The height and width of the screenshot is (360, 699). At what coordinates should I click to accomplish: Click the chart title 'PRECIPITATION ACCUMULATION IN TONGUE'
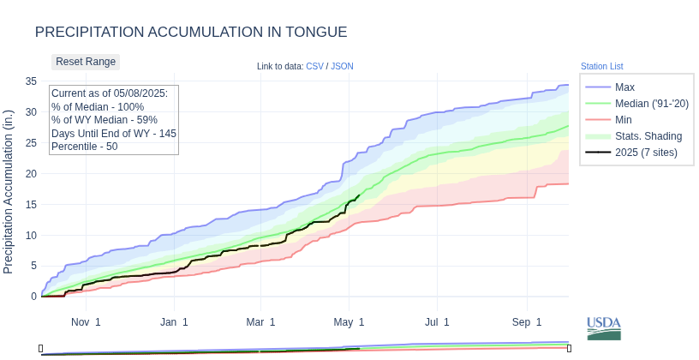(x=191, y=32)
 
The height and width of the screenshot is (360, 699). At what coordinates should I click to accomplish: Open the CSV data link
(x=314, y=66)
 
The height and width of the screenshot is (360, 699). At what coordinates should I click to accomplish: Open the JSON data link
(x=342, y=66)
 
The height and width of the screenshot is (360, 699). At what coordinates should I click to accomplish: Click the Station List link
(x=601, y=66)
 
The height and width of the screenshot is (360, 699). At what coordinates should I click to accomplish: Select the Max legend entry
(x=624, y=87)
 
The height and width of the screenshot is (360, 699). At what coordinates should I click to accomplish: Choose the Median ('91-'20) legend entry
(x=651, y=103)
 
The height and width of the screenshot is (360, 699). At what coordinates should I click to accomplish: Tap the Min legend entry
(x=623, y=119)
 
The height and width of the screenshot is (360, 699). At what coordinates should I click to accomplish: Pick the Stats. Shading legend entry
(x=648, y=135)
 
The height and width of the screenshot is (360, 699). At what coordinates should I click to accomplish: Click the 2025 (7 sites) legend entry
(x=646, y=153)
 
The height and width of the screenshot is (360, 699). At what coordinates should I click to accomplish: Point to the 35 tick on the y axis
(x=31, y=81)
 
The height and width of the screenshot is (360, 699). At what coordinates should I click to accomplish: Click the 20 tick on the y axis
(x=31, y=173)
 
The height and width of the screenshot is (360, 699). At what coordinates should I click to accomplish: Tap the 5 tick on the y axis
(x=33, y=266)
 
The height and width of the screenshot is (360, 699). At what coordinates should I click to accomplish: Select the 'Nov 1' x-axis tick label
(x=86, y=322)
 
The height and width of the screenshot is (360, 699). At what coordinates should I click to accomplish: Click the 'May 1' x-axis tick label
(x=349, y=322)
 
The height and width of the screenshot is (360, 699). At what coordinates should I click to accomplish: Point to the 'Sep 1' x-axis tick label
(x=527, y=322)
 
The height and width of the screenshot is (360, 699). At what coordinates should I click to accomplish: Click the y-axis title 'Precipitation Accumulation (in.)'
(x=9, y=191)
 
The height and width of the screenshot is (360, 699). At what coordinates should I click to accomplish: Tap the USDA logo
(x=603, y=327)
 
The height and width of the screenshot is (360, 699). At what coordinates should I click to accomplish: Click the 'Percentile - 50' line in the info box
(x=85, y=147)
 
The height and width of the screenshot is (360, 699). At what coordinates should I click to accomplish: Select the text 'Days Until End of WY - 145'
(x=114, y=134)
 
